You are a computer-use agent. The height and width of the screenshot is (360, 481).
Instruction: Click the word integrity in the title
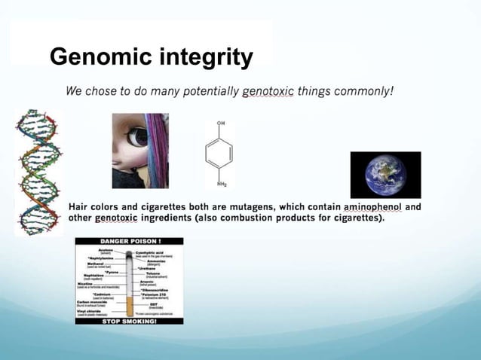(205, 57)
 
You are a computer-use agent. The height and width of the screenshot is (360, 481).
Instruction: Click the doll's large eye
(137, 137)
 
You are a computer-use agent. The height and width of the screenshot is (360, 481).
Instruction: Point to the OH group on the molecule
(220, 122)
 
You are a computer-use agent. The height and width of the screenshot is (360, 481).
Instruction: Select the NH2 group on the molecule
(220, 184)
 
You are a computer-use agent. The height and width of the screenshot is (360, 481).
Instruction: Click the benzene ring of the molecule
(219, 153)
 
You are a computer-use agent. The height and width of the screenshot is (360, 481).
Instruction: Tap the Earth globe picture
(385, 175)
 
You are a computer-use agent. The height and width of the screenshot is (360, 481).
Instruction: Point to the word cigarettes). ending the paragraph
(357, 218)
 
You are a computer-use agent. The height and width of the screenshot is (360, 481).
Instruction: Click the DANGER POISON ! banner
(129, 242)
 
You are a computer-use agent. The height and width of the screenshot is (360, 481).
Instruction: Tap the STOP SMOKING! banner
(129, 320)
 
